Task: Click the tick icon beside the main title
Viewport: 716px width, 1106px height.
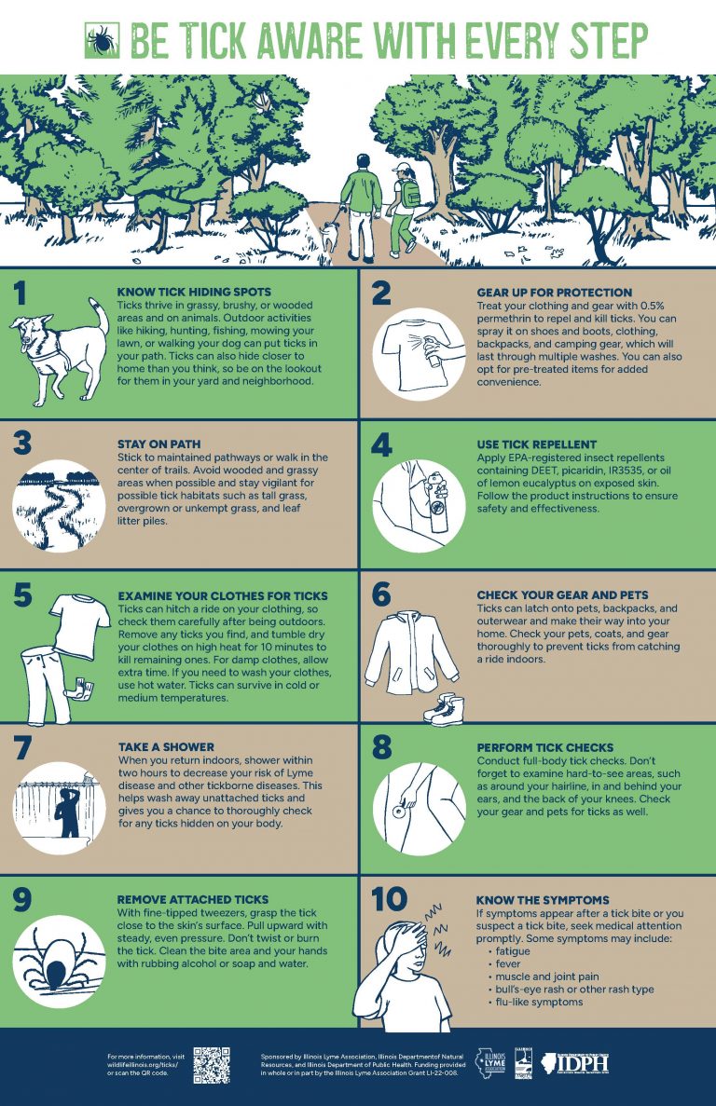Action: [100, 40]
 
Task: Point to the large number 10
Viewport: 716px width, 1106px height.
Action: [390, 900]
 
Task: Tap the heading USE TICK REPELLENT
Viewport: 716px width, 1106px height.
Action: [536, 444]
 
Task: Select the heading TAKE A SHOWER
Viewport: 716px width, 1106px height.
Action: [166, 747]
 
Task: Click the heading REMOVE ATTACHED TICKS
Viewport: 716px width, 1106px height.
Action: [193, 900]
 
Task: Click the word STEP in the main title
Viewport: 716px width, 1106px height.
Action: [597, 40]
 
